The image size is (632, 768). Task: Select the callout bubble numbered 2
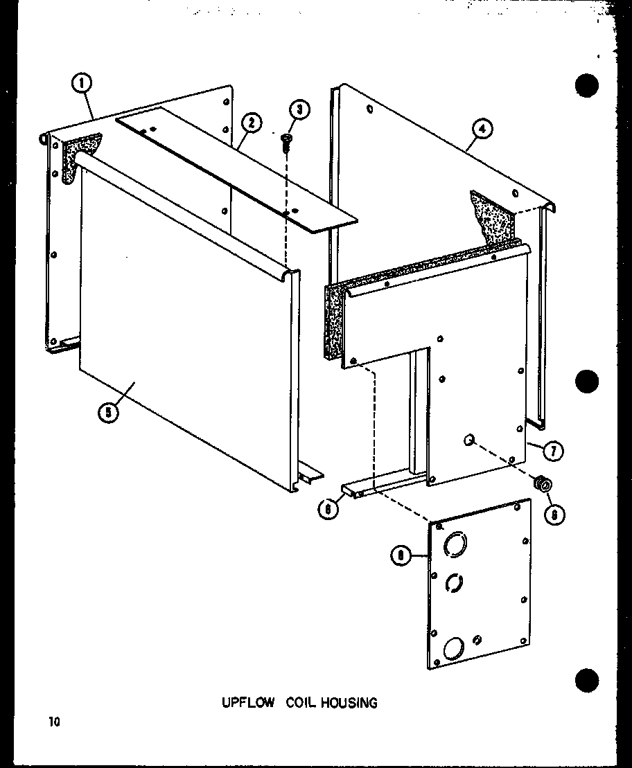251,123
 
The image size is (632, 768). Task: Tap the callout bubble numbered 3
298,110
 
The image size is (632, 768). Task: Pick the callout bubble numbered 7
552,451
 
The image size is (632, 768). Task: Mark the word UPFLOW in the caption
241,703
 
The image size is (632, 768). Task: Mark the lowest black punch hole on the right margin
587,679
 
